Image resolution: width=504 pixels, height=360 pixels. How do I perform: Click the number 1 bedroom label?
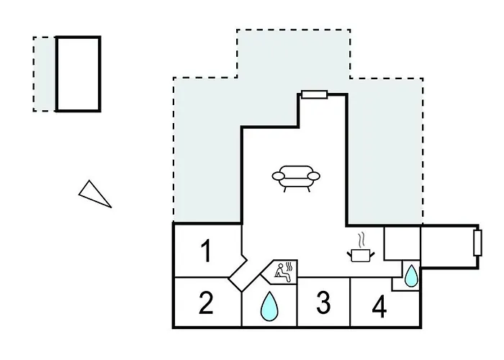click(x=206, y=251)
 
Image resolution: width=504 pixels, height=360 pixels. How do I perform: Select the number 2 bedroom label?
click(x=206, y=302)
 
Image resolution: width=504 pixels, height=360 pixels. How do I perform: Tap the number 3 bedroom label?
click(x=323, y=302)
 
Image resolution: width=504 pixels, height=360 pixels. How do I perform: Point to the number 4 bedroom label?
click(x=379, y=307)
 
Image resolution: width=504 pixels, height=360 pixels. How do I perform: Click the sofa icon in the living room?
click(x=296, y=179)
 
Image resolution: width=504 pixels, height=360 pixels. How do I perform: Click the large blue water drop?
click(x=269, y=307)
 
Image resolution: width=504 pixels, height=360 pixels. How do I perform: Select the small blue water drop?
click(x=411, y=276)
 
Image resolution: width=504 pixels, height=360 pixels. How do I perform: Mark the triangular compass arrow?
click(x=94, y=194)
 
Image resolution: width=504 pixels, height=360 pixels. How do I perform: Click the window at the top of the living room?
click(x=315, y=94)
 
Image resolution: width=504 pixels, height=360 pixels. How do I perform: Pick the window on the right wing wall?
click(x=477, y=243)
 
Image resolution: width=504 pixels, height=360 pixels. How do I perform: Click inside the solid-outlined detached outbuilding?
click(x=78, y=74)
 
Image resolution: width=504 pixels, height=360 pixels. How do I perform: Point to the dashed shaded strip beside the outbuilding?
click(x=45, y=74)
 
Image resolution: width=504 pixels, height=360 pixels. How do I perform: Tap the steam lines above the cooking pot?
click(x=362, y=240)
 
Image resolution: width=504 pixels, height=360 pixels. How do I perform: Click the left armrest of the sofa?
click(x=279, y=176)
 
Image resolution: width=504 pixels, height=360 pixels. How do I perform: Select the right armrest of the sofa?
click(x=313, y=176)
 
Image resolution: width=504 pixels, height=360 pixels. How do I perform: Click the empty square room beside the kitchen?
click(x=402, y=243)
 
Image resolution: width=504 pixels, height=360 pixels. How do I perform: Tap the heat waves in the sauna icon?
click(x=289, y=267)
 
